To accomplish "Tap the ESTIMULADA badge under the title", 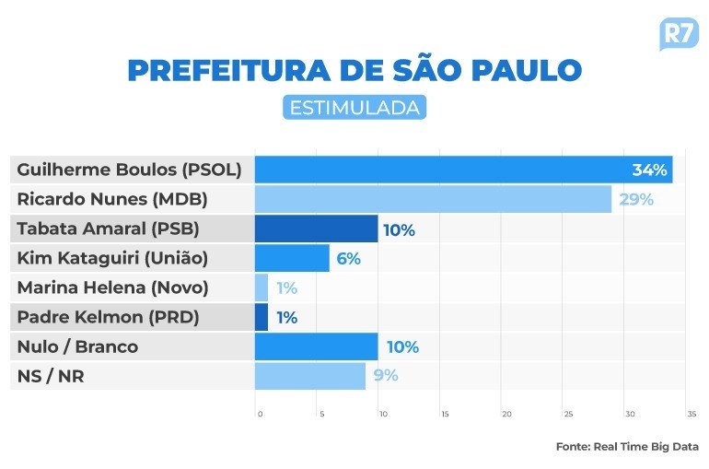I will point(354,108).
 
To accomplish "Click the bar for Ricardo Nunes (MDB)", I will point(433,199).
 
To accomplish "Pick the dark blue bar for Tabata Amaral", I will point(316,229).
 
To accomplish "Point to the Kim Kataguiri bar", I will point(292,258).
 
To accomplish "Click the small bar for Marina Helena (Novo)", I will point(262,287).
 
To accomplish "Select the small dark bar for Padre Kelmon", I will point(262,318).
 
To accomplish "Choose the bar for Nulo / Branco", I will point(316,347).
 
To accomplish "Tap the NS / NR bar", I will point(310,376).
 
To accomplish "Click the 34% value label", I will point(649,170).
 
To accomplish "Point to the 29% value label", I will point(636,199).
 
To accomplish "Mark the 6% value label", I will point(348,259).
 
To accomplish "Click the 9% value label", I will point(386,376).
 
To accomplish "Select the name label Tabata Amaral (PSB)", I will point(108,229).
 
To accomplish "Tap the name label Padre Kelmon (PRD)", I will point(109,318).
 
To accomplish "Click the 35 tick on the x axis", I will point(691,414).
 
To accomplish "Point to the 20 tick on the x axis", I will point(506,414).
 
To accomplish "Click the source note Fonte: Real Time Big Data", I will point(626,446).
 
